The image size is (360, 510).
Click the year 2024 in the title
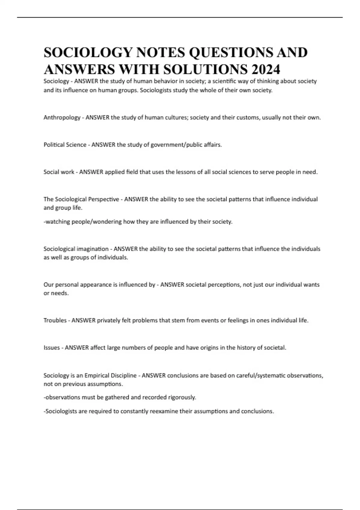click(266, 70)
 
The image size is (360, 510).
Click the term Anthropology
click(62, 118)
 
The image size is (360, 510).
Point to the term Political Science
click(65, 145)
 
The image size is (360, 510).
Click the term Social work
click(59, 172)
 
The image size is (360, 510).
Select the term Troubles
click(55, 320)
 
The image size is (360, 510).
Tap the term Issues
click(52, 348)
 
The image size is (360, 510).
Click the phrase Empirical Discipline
click(110, 375)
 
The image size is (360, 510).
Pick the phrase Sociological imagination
click(76, 249)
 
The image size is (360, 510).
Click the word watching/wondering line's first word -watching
click(57, 222)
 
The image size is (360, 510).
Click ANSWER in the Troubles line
click(83, 320)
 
